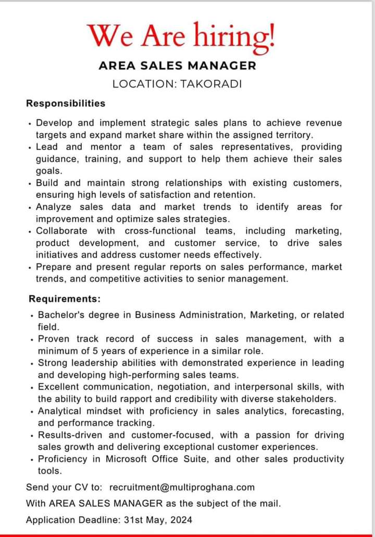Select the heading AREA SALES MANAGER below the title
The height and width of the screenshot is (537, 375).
point(178,66)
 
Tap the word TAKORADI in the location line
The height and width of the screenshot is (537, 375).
point(211,83)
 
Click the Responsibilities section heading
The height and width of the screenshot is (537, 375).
point(66,103)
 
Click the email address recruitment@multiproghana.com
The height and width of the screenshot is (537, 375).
point(182,488)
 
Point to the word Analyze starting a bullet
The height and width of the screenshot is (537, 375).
point(54,207)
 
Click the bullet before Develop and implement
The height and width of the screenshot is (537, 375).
point(30,124)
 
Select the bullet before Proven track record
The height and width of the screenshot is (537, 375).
point(32,340)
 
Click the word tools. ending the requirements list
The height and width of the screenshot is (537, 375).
point(50,471)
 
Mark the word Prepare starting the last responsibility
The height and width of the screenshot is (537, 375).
point(54,267)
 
